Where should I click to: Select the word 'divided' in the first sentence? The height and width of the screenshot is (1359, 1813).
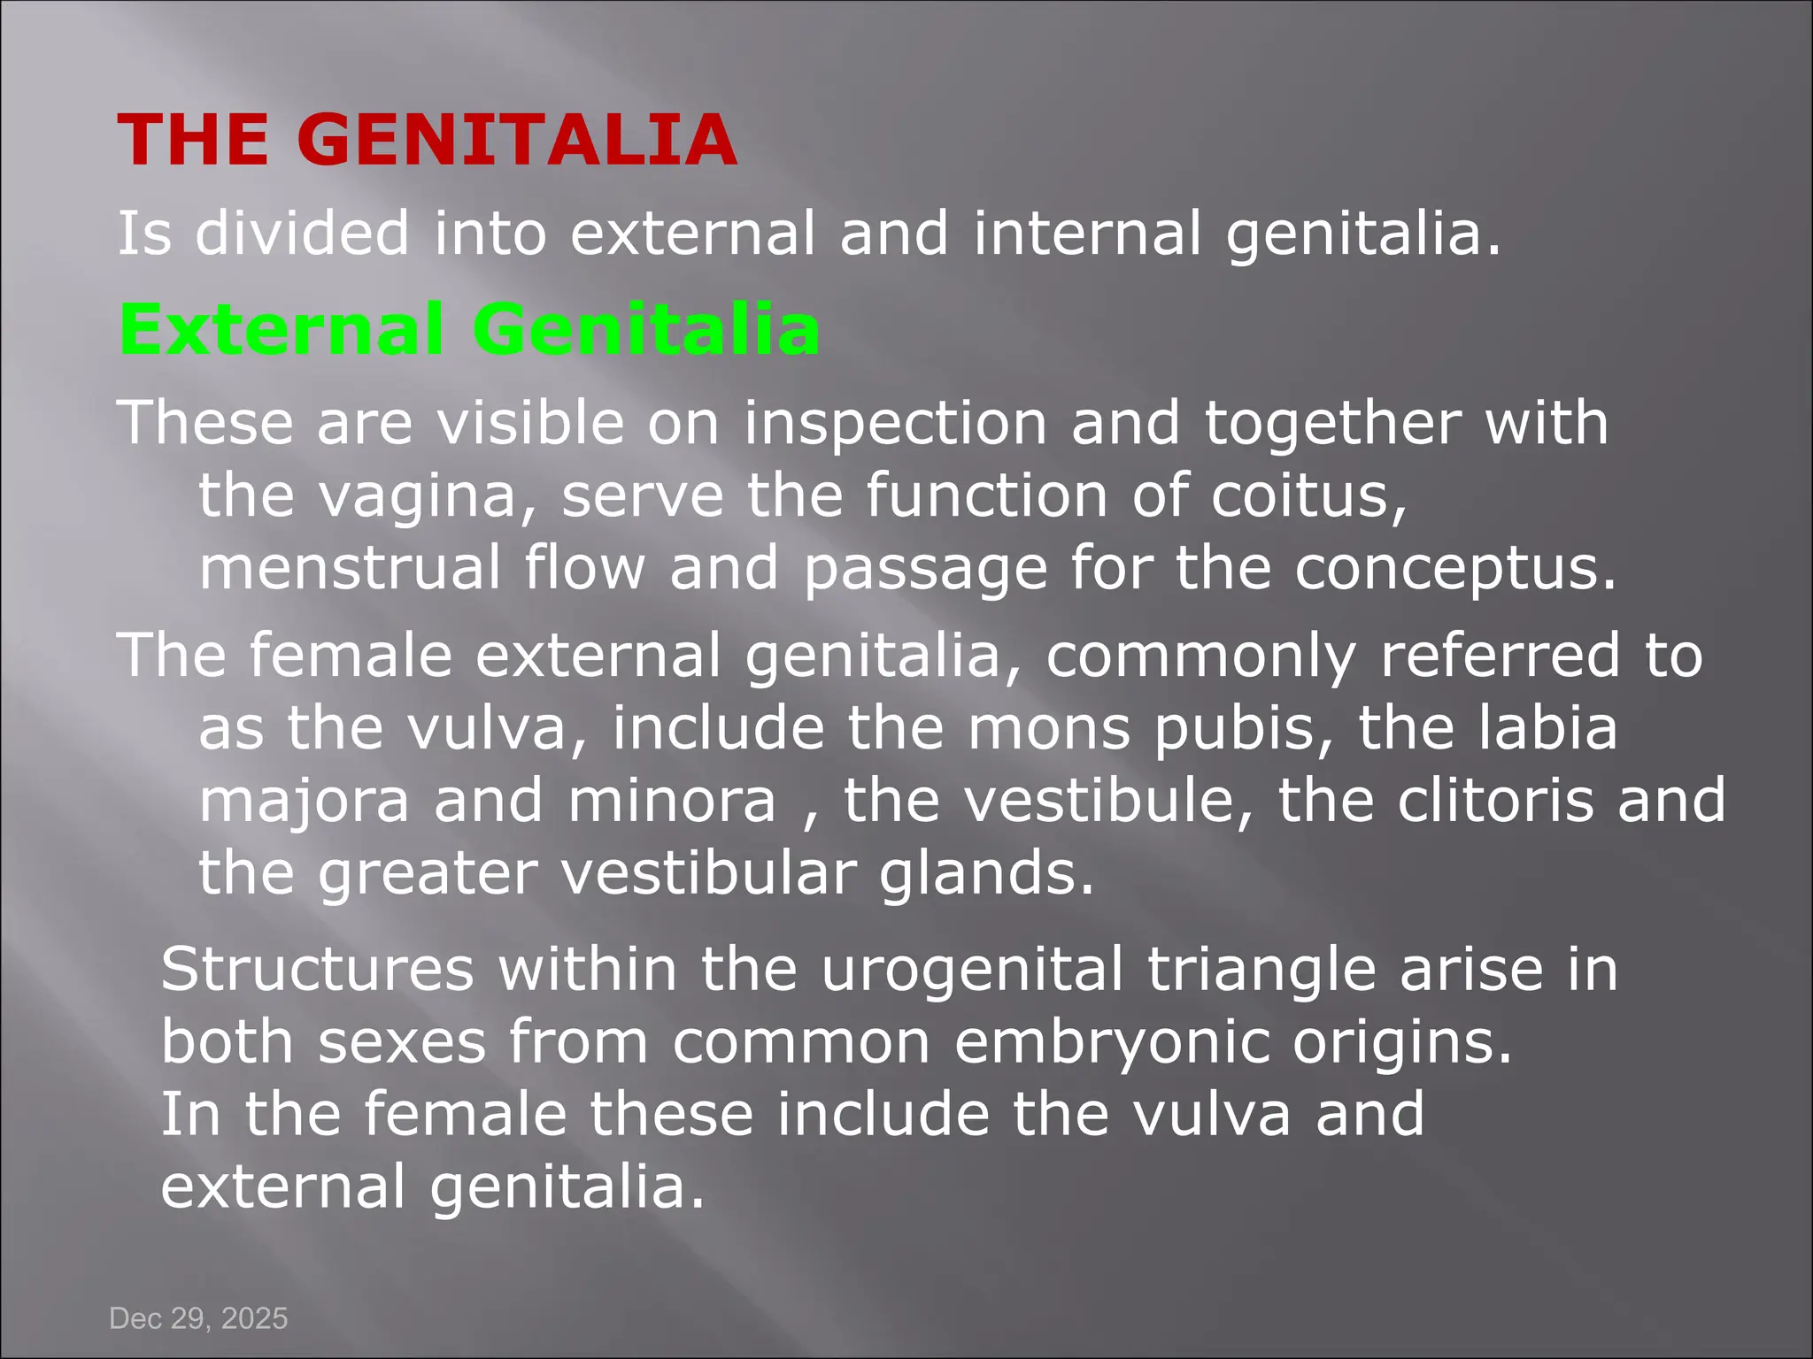click(x=302, y=234)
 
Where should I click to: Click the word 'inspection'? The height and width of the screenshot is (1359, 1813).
click(x=895, y=423)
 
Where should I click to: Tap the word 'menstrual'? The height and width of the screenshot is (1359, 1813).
click(x=351, y=567)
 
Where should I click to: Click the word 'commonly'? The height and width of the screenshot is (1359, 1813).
click(x=1200, y=656)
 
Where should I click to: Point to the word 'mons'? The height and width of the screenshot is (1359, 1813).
click(x=1049, y=729)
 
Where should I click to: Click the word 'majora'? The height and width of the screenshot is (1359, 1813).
click(x=305, y=802)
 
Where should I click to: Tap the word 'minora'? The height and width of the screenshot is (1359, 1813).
click(x=672, y=802)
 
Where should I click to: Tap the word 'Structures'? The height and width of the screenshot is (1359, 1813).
click(x=318, y=969)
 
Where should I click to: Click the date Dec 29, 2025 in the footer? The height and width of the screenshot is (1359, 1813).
click(x=198, y=1318)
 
